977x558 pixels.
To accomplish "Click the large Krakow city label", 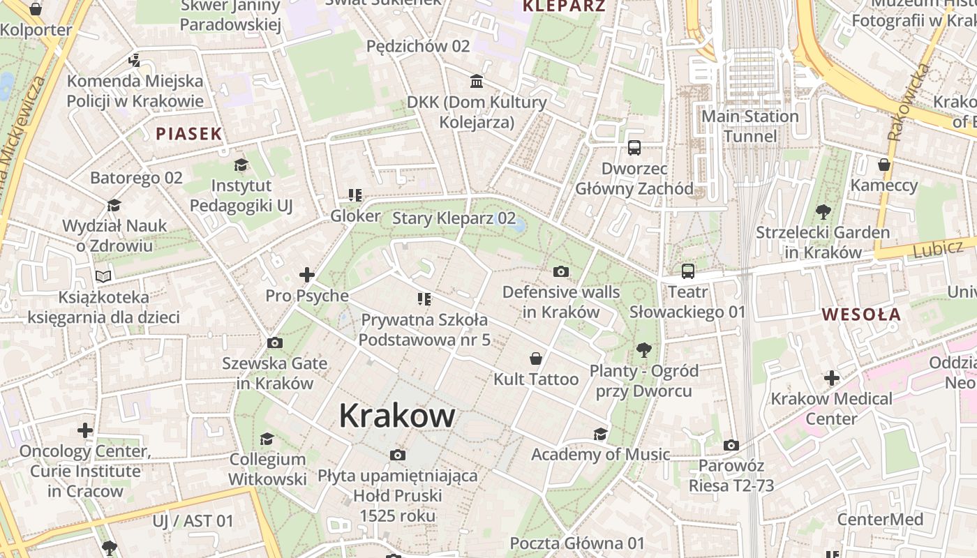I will (397, 416).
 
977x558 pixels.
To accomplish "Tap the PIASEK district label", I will (188, 134).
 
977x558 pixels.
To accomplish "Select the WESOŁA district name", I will (861, 314).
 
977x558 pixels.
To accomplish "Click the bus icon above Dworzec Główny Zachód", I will (634, 148).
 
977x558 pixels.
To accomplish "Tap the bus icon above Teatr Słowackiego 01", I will (688, 271).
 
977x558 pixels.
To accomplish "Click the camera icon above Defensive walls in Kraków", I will (560, 271).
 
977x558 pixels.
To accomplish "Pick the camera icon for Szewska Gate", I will (275, 342).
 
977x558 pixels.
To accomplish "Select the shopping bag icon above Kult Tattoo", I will (536, 359).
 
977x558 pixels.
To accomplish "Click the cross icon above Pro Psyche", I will (306, 275).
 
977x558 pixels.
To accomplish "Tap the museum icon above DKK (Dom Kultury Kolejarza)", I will (477, 82).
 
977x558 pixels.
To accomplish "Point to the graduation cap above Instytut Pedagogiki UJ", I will (241, 165).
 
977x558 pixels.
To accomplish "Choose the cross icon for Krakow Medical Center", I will (831, 378).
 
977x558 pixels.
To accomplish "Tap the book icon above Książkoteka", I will (103, 276).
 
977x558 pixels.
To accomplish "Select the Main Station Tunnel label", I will (749, 126).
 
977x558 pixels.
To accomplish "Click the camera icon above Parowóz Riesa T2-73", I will (731, 445).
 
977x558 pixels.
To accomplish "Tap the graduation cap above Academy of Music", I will (600, 435).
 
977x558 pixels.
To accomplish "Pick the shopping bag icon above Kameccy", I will (883, 165).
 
